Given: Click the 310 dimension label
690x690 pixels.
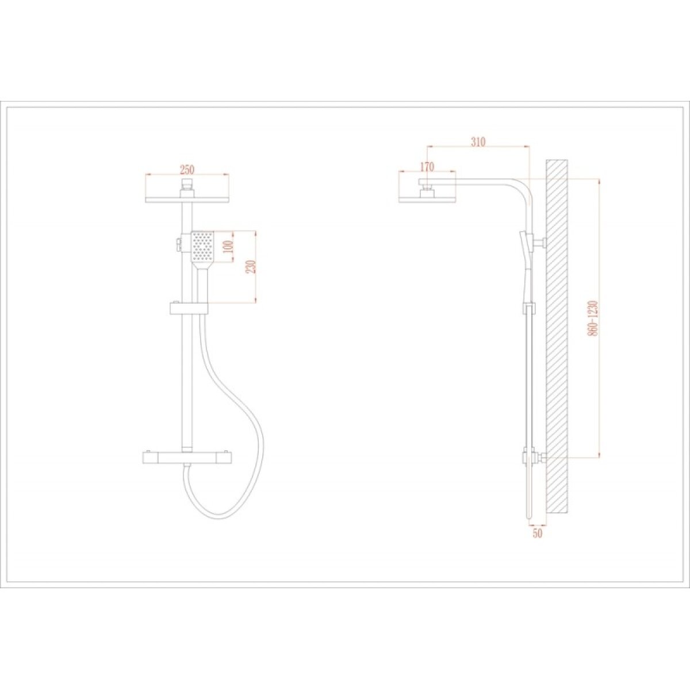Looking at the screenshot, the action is (x=478, y=142).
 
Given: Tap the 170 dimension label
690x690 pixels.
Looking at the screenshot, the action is (x=427, y=167).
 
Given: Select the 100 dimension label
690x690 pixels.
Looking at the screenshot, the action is (x=229, y=247).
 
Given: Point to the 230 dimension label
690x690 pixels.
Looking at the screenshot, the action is (x=252, y=266).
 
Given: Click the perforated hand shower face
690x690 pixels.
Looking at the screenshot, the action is (x=202, y=246).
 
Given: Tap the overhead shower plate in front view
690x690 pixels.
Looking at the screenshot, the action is (x=187, y=200).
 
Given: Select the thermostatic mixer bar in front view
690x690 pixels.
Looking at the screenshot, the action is (x=187, y=458).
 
